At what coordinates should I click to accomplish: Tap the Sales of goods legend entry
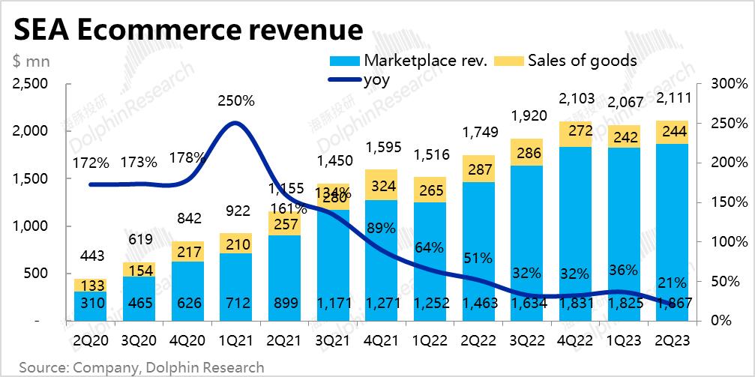(582, 61)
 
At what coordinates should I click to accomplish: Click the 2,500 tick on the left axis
(31, 83)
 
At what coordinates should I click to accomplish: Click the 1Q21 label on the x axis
(236, 340)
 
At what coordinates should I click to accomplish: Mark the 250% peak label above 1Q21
(236, 101)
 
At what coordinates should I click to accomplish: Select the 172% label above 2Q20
(91, 162)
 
